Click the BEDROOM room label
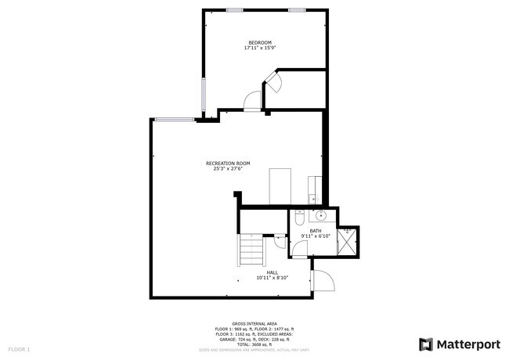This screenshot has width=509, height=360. point(260,42)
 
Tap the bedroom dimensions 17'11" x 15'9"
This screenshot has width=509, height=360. point(260,48)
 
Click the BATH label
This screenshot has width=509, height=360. point(315,231)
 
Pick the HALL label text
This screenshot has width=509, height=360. point(272,272)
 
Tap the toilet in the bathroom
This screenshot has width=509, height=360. point(299,218)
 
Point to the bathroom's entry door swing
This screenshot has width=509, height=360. point(298,249)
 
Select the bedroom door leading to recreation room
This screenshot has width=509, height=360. point(252,99)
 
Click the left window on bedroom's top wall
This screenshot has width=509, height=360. point(233,9)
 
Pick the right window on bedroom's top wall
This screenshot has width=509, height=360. point(296,9)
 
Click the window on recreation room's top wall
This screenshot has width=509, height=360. point(174,119)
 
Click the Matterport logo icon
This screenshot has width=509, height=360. point(426,344)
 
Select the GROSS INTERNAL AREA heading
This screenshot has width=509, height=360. point(254,322)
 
